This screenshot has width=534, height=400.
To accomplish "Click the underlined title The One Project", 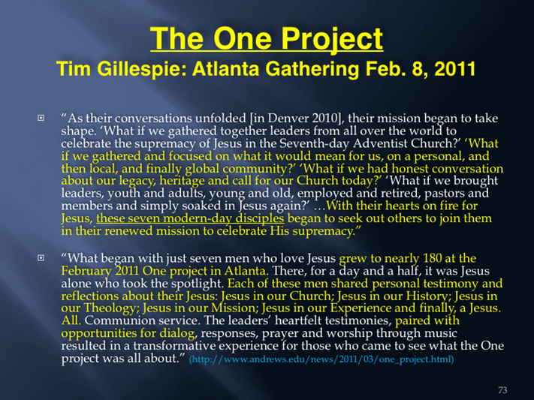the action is [x=267, y=39].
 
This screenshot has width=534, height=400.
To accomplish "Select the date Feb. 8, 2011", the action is [x=421, y=69].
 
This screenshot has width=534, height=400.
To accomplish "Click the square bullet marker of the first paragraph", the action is [x=41, y=118].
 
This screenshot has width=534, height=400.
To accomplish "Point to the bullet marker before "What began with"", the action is [x=41, y=257].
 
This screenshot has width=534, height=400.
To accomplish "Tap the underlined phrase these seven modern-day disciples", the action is [x=190, y=218].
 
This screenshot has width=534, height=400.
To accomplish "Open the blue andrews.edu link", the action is [x=321, y=359].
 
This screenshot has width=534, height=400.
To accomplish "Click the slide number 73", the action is [x=502, y=390].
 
